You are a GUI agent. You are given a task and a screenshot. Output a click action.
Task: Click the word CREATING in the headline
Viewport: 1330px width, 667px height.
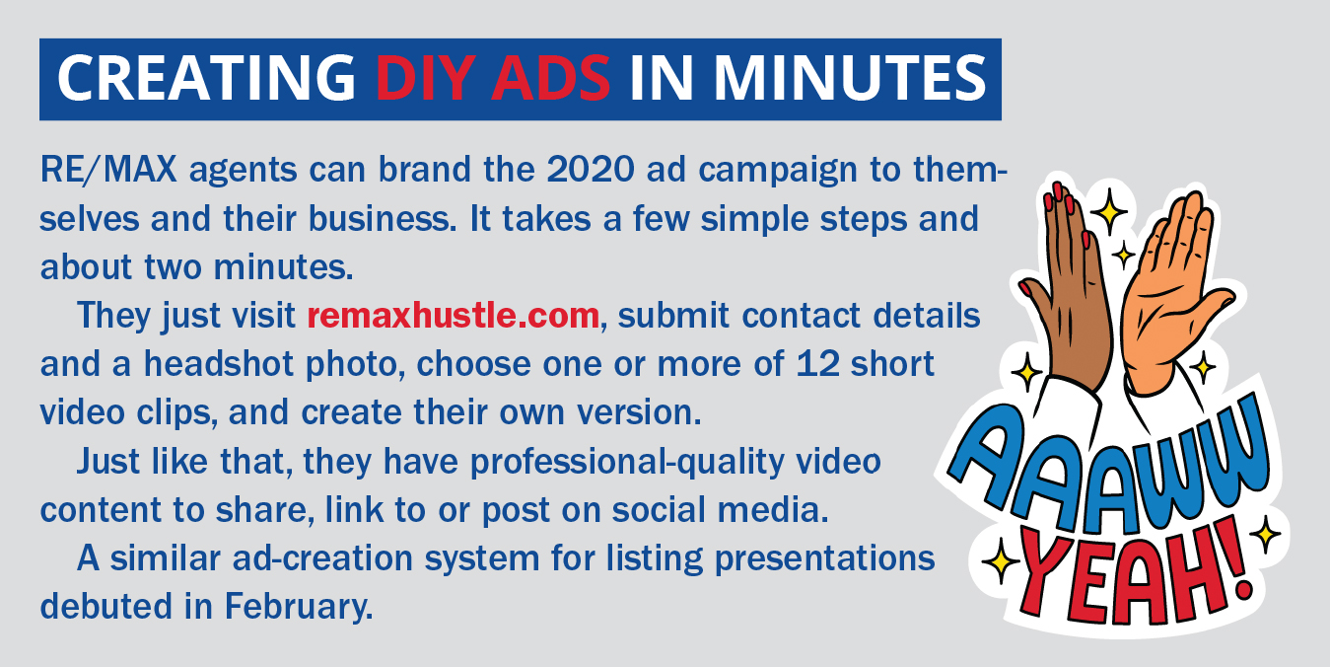[206, 79]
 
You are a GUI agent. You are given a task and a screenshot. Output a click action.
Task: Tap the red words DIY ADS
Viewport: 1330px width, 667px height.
[493, 79]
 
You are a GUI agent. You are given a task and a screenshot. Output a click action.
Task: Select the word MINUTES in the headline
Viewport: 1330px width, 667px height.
[850, 79]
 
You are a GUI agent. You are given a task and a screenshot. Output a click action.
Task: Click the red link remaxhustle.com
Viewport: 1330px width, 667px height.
[454, 315]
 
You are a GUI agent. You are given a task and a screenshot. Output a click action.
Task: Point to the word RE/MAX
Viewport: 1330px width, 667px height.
[108, 170]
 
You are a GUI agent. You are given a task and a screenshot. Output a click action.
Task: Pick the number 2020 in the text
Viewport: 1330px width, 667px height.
[591, 170]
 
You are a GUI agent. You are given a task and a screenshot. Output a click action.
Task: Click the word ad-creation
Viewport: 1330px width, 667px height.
[322, 558]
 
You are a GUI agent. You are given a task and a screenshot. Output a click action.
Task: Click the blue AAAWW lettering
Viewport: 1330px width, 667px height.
[1110, 470]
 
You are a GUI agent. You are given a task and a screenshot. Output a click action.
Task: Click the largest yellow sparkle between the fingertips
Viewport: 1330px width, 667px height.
[1108, 211]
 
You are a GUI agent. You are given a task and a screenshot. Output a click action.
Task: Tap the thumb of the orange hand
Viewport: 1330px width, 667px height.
[1212, 303]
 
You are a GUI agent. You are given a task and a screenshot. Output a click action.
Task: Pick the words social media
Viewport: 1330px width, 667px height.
[720, 509]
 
